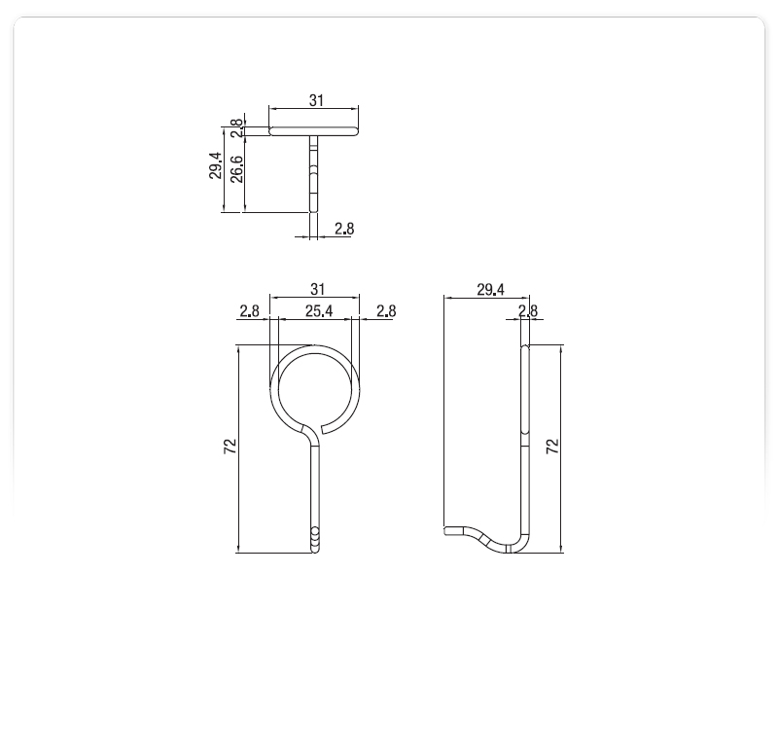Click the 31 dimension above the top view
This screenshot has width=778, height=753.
(316, 100)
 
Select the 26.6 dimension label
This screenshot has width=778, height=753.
(236, 169)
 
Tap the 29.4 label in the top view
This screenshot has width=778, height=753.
(215, 165)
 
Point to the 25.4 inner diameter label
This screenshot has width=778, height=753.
(319, 311)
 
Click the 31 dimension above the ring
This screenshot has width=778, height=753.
(317, 289)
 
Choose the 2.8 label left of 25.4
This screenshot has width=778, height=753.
(249, 311)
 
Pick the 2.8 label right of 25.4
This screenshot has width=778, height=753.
(386, 311)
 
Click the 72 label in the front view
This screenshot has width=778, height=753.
(230, 447)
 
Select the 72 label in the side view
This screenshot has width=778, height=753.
(552, 447)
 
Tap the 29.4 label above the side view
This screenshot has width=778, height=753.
(490, 289)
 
